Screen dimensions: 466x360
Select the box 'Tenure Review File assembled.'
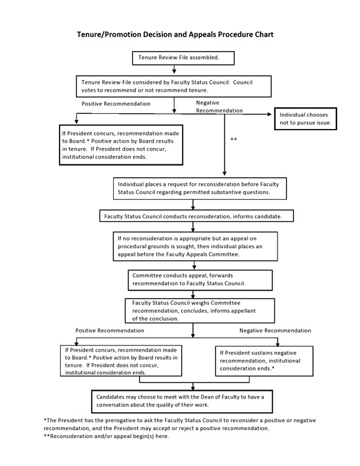pos(178,58)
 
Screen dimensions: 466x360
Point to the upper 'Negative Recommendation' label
pos(221,107)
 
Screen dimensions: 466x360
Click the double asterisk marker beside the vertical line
pos(234,139)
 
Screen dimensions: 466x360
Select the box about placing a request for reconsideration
pos(194,188)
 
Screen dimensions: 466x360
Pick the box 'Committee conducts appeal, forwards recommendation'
pos(199,279)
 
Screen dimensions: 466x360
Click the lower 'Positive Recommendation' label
pos(109,331)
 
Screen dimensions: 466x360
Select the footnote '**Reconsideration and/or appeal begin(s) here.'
pos(106,437)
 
